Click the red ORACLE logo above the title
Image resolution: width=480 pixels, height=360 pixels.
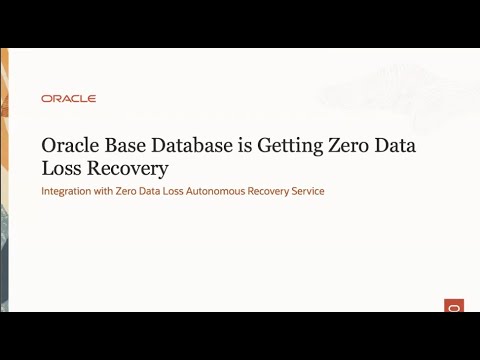pyautogui.click(x=69, y=98)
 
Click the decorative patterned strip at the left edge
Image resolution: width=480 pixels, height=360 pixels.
pyautogui.click(x=5, y=180)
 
